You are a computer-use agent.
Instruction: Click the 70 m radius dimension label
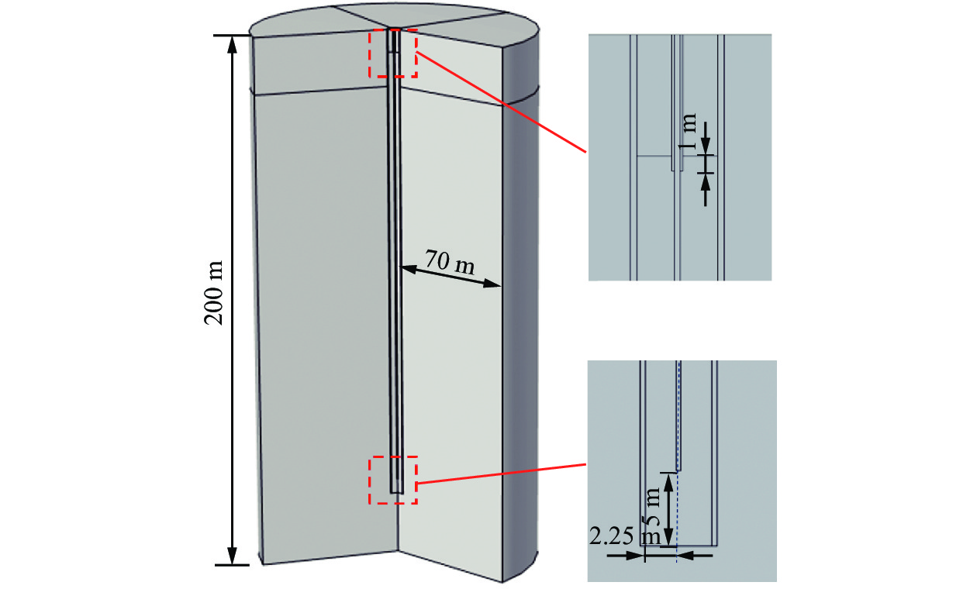tap(451, 261)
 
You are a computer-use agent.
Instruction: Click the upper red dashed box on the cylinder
tap(392, 53)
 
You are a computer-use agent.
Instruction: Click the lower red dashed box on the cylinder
tap(392, 480)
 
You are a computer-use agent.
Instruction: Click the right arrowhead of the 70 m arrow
tap(497, 285)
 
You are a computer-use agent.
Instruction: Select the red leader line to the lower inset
tap(500, 474)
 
